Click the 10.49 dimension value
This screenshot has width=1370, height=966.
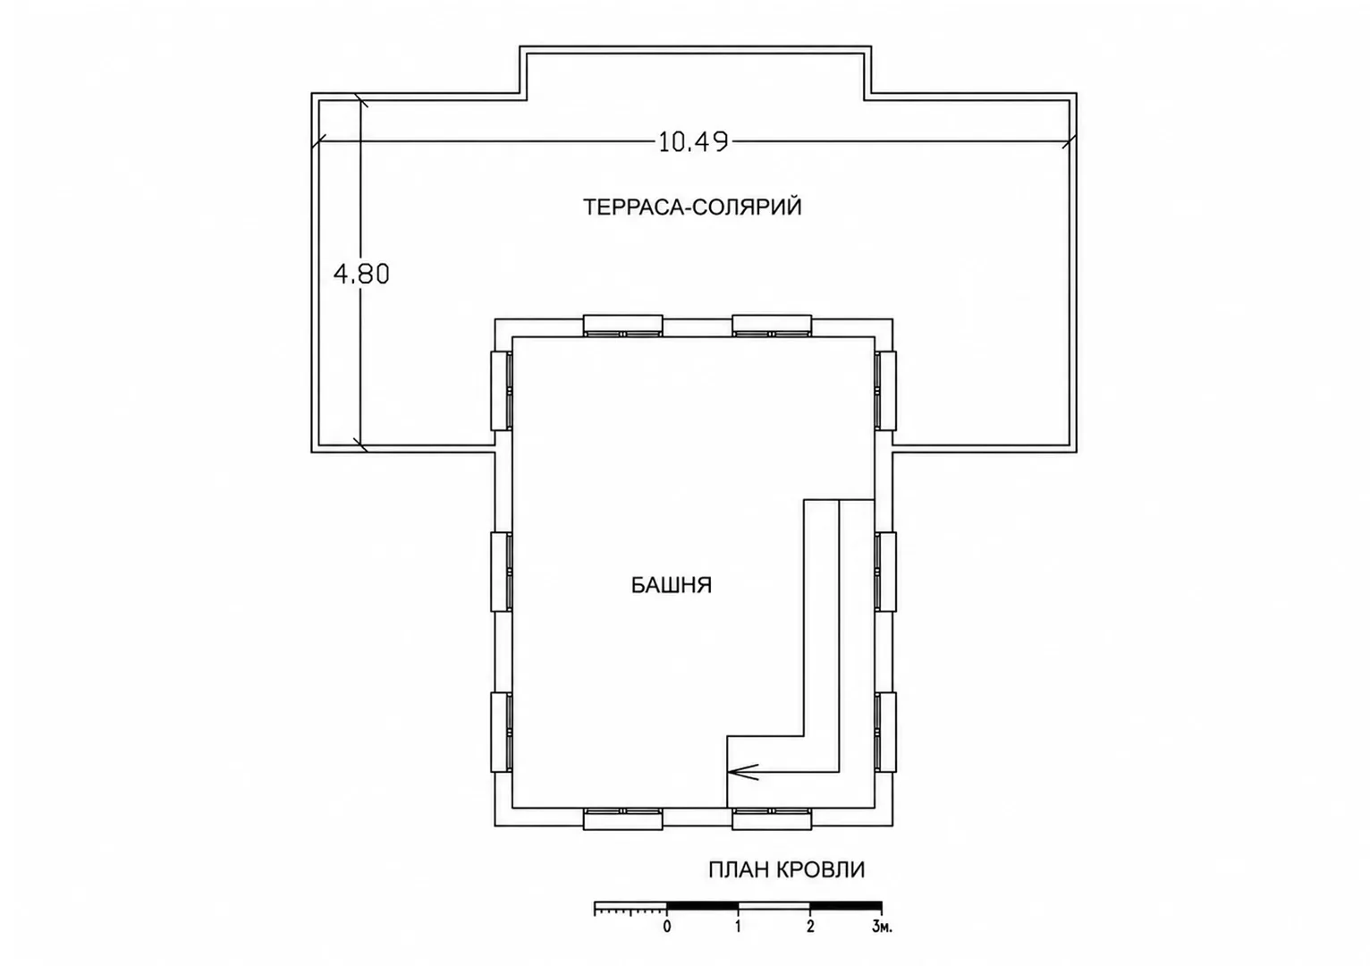(x=693, y=142)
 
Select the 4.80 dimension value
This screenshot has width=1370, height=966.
(x=361, y=274)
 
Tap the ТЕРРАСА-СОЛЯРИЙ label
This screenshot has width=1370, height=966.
(x=692, y=208)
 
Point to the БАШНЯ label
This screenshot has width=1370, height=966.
(x=671, y=586)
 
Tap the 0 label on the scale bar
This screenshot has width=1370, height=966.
(x=666, y=927)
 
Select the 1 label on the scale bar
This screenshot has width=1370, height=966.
(x=739, y=927)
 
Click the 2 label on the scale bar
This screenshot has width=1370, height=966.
(x=810, y=927)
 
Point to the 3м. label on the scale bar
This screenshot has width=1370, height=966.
(x=882, y=927)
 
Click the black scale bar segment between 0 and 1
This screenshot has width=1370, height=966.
(x=702, y=905)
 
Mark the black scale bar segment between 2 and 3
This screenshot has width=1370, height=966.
(x=846, y=905)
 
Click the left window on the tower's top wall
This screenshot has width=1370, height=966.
(x=622, y=326)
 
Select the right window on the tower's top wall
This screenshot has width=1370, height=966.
(x=772, y=326)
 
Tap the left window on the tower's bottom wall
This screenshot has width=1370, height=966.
(x=622, y=818)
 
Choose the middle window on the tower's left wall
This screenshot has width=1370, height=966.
(x=502, y=572)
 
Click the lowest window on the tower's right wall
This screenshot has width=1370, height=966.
(x=885, y=732)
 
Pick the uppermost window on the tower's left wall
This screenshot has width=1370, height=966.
(x=502, y=390)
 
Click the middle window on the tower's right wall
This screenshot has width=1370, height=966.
(x=885, y=572)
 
